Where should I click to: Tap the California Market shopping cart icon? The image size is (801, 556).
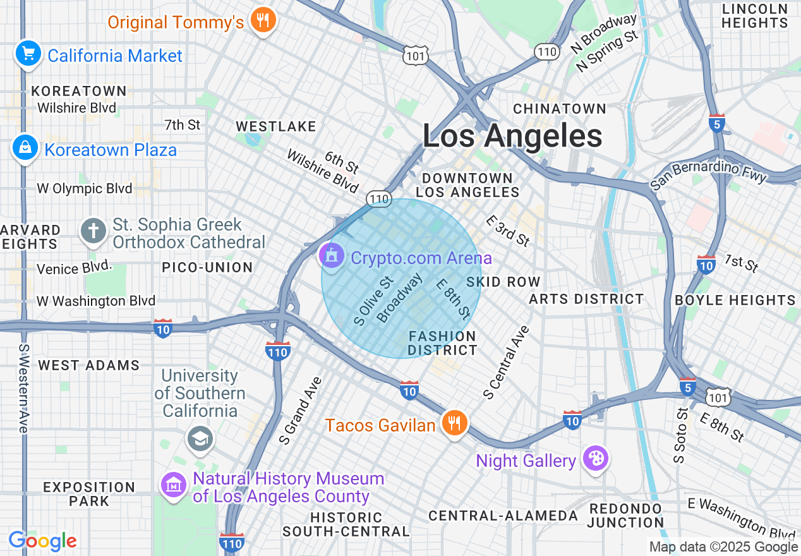[x=28, y=53]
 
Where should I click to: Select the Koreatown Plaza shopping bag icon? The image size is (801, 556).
[x=25, y=148]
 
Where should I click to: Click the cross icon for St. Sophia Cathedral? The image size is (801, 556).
[x=93, y=231]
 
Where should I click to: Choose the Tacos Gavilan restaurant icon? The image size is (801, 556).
[x=454, y=422]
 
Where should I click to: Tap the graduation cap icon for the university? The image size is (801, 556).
[x=200, y=438]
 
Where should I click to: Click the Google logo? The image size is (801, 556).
[x=42, y=541]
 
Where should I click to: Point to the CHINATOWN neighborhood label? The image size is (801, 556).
[x=559, y=109]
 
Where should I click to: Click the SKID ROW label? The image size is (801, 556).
[x=503, y=282]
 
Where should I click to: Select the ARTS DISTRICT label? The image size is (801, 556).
[x=586, y=299]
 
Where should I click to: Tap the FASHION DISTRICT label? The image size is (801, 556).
[x=442, y=343]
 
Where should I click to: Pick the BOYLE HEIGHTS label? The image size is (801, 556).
[x=735, y=300]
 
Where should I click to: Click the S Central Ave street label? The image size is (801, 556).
[x=506, y=363]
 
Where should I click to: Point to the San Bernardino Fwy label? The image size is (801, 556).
[x=708, y=174]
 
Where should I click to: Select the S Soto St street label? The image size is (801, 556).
[x=680, y=435]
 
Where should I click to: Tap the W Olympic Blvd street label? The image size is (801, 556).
[x=85, y=188]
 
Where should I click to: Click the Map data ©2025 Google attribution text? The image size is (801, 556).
[x=723, y=547]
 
